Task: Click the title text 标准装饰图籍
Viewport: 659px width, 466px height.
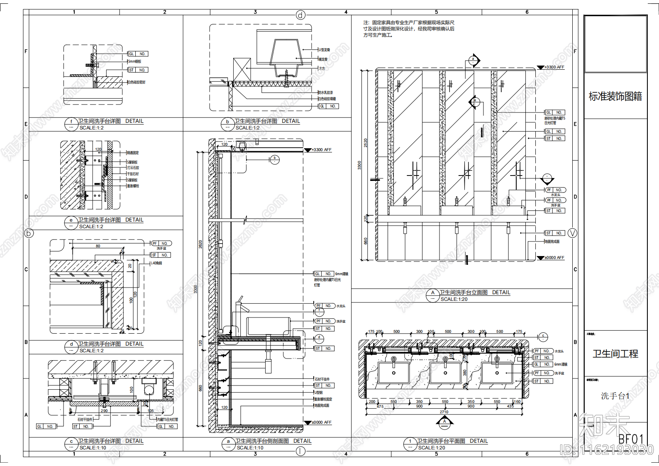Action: (x=615, y=97)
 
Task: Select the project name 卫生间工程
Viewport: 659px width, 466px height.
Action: (x=615, y=354)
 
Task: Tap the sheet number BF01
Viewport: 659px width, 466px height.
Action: (x=631, y=439)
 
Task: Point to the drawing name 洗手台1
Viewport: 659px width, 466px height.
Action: (x=615, y=396)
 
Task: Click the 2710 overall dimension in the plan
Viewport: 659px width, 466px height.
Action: (x=444, y=412)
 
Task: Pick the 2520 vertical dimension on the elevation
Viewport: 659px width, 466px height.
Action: (x=366, y=143)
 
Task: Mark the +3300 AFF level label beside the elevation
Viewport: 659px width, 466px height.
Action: (x=554, y=67)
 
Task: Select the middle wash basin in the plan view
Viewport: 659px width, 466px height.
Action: (x=445, y=373)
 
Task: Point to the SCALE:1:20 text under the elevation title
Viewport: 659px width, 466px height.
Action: (x=454, y=299)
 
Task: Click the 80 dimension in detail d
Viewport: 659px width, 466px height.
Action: (x=98, y=246)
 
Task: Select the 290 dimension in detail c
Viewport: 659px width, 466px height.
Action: (x=104, y=411)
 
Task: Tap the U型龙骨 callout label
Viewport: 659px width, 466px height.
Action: (x=325, y=50)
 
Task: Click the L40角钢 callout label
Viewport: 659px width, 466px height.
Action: (x=156, y=263)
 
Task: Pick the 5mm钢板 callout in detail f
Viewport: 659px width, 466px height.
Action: (x=134, y=61)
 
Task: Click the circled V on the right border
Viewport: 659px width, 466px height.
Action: (x=572, y=233)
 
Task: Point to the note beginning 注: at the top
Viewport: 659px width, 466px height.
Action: (x=409, y=29)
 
